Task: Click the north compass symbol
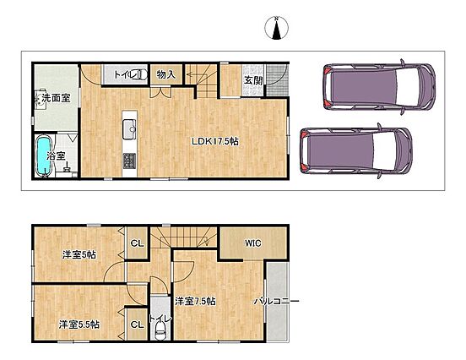pos(276,28)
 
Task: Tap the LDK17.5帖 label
pos(215,141)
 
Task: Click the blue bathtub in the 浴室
pos(44,155)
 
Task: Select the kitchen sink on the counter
pos(129,128)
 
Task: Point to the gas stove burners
pos(129,161)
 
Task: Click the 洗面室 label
pos(57,98)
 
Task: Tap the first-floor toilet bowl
pos(142,74)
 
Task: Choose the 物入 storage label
pos(165,74)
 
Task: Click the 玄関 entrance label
pos(253,80)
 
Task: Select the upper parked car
pos(380,86)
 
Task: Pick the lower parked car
pos(356,150)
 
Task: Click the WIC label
pos(253,243)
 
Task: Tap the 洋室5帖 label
pos(79,254)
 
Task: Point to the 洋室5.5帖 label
pos(79,325)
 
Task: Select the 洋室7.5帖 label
pos(195,301)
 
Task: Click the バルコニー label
pos(276,302)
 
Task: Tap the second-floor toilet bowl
pos(160,331)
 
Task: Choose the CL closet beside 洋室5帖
pos(138,243)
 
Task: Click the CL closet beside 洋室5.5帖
pos(138,325)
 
